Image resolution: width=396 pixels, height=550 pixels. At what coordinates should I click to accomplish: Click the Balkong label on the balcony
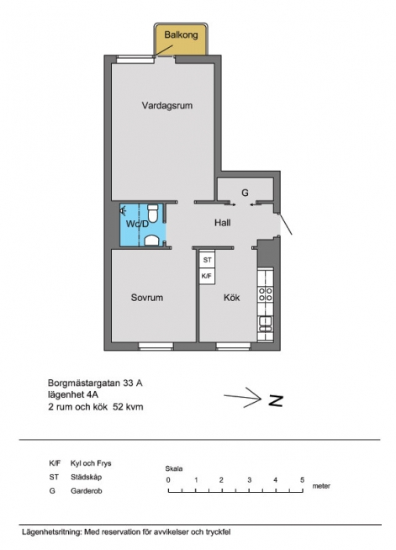click(181, 35)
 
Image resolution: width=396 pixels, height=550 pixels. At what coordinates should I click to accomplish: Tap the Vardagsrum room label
click(167, 106)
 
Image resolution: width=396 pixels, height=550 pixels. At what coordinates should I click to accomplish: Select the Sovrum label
click(147, 298)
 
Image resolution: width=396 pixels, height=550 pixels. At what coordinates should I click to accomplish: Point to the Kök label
click(232, 298)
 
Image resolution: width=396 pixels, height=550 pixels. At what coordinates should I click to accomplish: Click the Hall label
click(223, 222)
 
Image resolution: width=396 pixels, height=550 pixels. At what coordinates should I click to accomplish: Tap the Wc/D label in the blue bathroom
click(137, 224)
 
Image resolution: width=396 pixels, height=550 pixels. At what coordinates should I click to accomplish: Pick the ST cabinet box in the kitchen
click(208, 260)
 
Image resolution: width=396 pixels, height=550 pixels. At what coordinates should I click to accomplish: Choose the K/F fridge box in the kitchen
click(208, 276)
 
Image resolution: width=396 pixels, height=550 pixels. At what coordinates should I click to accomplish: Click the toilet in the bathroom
click(153, 214)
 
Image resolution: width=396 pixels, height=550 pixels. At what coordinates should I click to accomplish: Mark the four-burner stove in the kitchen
click(266, 294)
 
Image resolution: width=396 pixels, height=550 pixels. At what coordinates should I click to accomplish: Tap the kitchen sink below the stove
click(266, 323)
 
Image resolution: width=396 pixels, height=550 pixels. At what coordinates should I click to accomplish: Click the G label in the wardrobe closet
click(245, 193)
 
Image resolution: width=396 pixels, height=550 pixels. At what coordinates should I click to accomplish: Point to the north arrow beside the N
click(243, 398)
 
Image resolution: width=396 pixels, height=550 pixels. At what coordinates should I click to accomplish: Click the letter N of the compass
click(276, 400)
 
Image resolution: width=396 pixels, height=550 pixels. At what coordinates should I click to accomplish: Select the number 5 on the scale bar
click(302, 480)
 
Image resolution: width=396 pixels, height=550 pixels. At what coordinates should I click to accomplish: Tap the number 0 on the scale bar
click(168, 480)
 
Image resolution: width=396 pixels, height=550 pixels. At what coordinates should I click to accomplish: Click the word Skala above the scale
click(174, 468)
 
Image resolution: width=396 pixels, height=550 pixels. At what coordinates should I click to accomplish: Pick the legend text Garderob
click(87, 491)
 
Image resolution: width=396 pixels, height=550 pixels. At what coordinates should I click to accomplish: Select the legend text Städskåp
click(87, 477)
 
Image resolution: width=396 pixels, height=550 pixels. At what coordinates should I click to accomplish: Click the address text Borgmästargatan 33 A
click(95, 383)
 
